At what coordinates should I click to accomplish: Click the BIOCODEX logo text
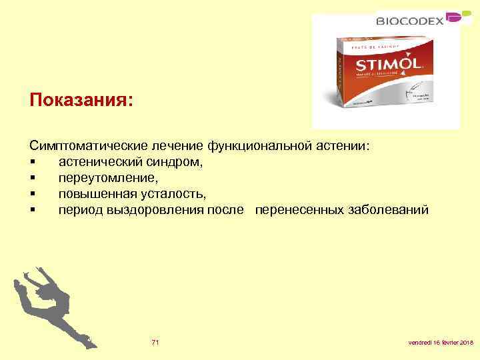click(410, 21)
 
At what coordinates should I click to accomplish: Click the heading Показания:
click(81, 100)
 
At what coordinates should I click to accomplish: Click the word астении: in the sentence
click(345, 145)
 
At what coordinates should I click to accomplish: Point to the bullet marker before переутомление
click(33, 179)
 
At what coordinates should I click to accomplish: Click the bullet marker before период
click(33, 211)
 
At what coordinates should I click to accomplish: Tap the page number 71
click(155, 342)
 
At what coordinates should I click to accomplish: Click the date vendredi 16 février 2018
click(440, 343)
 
